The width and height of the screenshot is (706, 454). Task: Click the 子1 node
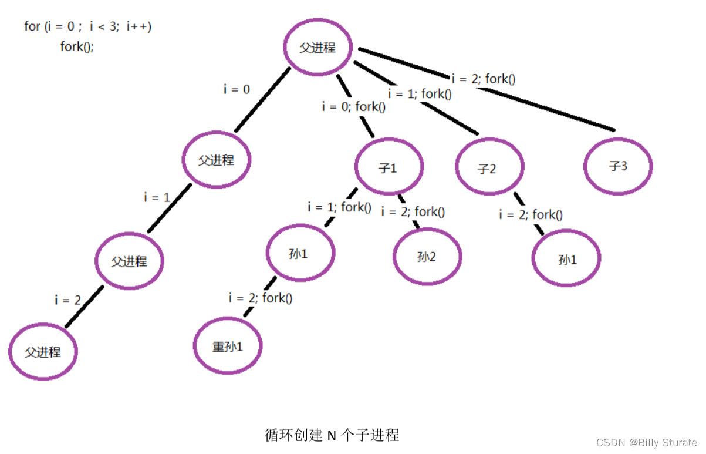pos(389,168)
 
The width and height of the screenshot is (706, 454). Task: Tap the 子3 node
pos(618,166)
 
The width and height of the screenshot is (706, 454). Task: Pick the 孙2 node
pos(427,257)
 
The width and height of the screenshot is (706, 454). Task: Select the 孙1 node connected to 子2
pos(566,259)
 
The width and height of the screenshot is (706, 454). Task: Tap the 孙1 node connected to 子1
pos(300,253)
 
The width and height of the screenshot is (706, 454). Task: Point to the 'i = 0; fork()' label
pos(354,107)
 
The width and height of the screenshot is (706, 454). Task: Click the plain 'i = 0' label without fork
pos(237,89)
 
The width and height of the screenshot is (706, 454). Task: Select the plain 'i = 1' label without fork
pos(157,197)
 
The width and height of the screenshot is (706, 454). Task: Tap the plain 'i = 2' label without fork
pos(68,300)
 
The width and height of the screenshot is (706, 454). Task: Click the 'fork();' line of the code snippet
pos(77,47)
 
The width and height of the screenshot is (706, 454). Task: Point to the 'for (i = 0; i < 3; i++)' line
pos(87,26)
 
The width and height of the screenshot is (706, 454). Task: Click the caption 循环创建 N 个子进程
pos(332,435)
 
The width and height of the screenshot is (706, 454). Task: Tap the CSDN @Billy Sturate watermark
pos(646,442)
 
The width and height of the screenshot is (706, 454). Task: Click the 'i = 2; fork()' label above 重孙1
pos(261,298)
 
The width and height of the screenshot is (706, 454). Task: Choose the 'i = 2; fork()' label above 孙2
pos(413,212)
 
